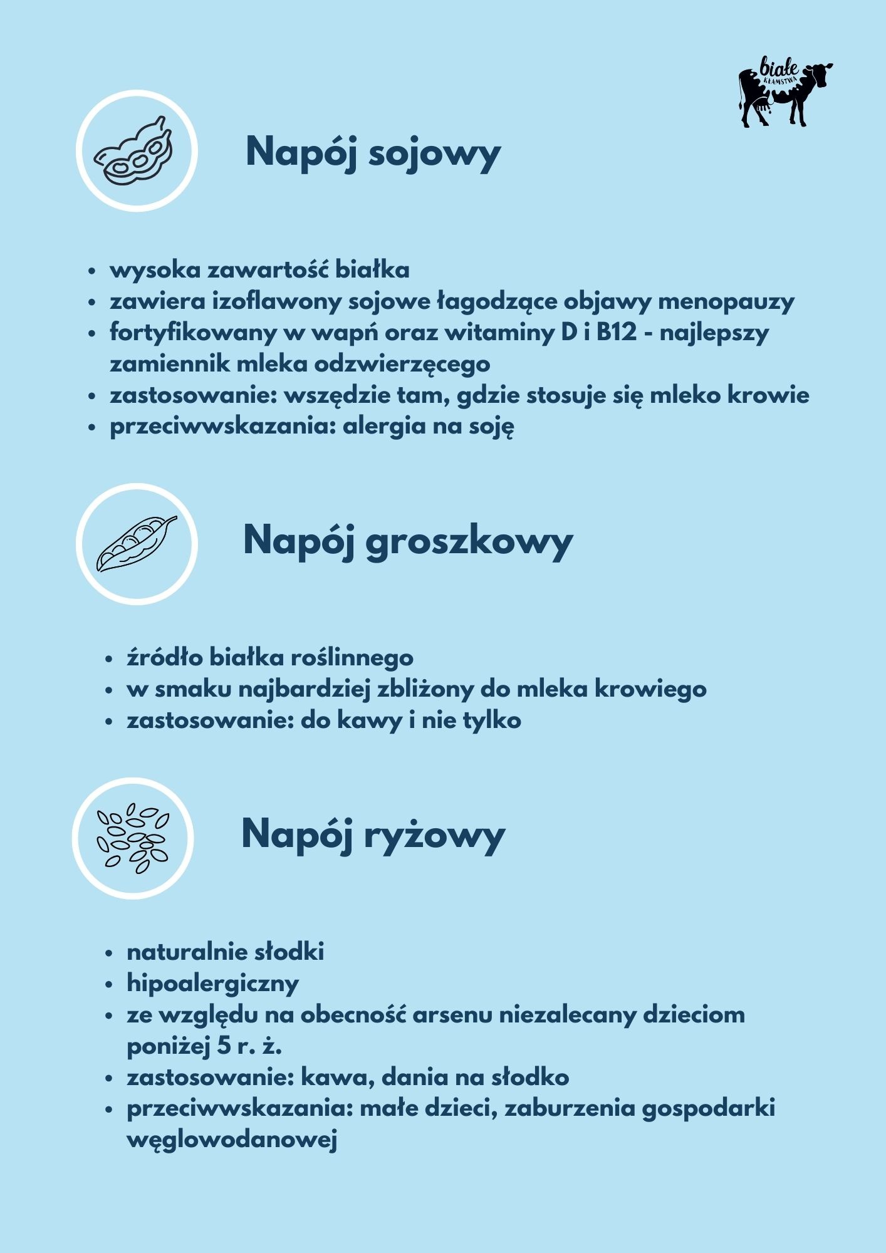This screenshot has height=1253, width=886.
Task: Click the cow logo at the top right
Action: click(x=785, y=93)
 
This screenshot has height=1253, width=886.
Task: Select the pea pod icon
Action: click(x=137, y=543)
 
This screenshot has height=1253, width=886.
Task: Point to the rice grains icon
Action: click(x=133, y=838)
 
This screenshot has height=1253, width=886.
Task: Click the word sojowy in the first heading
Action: click(x=434, y=152)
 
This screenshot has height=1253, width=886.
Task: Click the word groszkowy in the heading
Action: click(x=469, y=541)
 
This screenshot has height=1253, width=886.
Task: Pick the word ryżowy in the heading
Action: click(x=434, y=834)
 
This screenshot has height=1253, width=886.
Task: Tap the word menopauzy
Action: click(x=726, y=301)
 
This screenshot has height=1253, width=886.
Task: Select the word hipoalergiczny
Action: click(x=212, y=983)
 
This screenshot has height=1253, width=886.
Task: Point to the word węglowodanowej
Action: click(x=232, y=1138)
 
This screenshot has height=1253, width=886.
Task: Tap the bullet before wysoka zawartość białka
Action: click(x=92, y=271)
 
